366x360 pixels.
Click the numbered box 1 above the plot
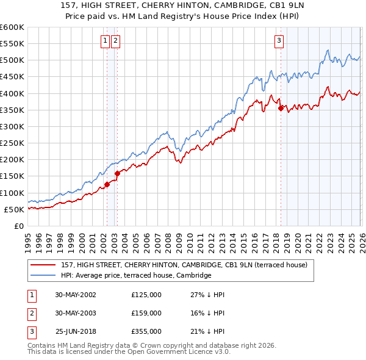click(x=106, y=41)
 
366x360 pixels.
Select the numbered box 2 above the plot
click(x=115, y=41)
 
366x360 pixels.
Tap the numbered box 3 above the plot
click(x=279, y=41)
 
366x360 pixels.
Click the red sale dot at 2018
click(x=281, y=109)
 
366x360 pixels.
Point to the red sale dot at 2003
click(x=117, y=173)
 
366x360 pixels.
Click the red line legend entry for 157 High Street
click(x=188, y=265)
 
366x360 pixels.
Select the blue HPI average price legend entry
click(x=135, y=275)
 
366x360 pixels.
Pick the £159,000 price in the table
click(x=146, y=313)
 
